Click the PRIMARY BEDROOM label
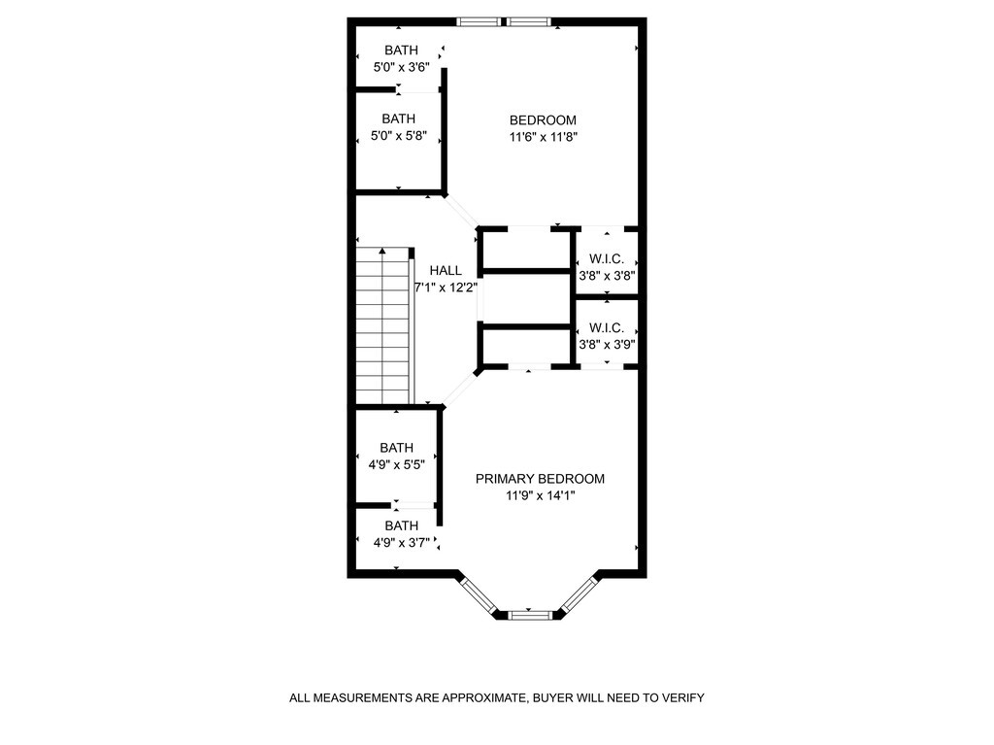point(540,479)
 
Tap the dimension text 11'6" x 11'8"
point(543,137)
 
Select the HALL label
point(446,271)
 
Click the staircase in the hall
point(384,325)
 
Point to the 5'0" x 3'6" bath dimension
point(402,67)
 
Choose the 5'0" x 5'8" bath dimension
point(399,136)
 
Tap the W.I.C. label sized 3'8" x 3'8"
point(607,259)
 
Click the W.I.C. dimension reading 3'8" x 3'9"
point(607,344)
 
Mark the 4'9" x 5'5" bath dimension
point(396,464)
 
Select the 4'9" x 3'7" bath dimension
point(396,543)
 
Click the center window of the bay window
point(529,615)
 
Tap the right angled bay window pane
point(580,594)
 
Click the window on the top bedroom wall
point(504,21)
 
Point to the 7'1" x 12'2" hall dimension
point(446,288)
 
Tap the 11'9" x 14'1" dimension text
point(540,495)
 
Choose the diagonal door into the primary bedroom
point(459,389)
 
